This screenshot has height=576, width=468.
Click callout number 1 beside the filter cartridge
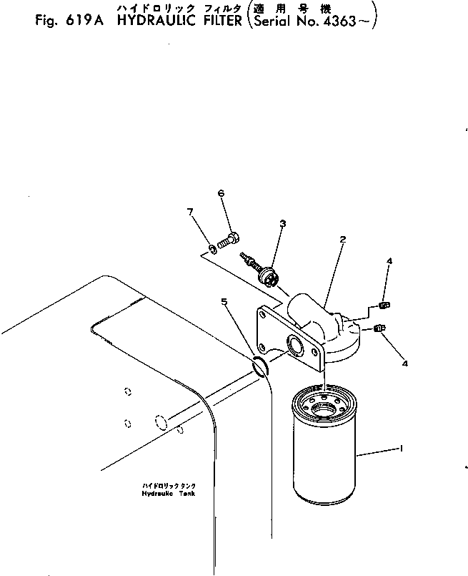point(402,449)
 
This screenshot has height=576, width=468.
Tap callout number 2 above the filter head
point(342,240)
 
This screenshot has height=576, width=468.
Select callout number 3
point(282,223)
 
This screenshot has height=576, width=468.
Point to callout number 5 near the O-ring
point(224,301)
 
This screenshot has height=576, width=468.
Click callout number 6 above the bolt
point(221,193)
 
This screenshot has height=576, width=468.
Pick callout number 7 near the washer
point(190,212)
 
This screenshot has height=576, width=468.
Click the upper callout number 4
point(389,261)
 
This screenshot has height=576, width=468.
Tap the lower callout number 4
point(405,363)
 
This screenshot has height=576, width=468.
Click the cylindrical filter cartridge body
point(324,444)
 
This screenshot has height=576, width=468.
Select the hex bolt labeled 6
point(229,240)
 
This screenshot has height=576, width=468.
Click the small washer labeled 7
point(212,250)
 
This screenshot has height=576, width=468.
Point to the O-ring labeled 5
point(260,366)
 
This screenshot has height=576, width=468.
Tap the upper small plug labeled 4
point(384,305)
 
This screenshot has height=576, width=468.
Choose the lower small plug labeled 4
point(379,328)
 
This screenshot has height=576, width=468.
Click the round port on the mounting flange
point(294,346)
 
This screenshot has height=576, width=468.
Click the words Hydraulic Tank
point(169,493)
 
